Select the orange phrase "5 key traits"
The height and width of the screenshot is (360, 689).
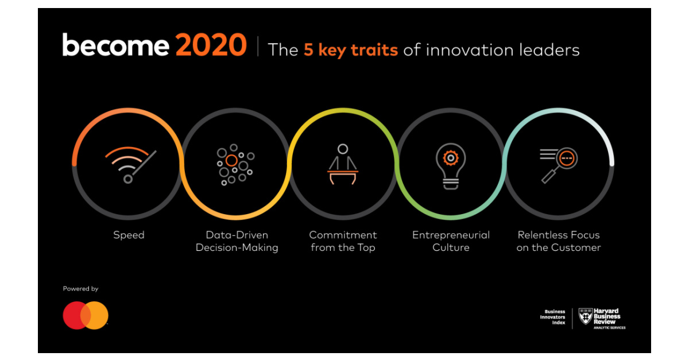351,50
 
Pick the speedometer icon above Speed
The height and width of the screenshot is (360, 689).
130,164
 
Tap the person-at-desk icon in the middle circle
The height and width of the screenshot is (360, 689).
343,164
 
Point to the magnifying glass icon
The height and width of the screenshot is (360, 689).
559,164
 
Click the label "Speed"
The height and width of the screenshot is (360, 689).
129,235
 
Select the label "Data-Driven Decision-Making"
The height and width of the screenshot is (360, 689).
237,241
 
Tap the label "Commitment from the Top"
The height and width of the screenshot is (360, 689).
343,241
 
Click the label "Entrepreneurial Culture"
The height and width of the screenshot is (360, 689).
451,241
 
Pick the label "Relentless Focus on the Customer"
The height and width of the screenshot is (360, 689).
559,241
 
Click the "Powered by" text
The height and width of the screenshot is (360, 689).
80,289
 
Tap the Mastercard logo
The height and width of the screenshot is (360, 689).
86,315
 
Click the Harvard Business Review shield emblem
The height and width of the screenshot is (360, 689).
585,316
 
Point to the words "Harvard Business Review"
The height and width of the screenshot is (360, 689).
607,315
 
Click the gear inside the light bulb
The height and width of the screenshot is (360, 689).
451,156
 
